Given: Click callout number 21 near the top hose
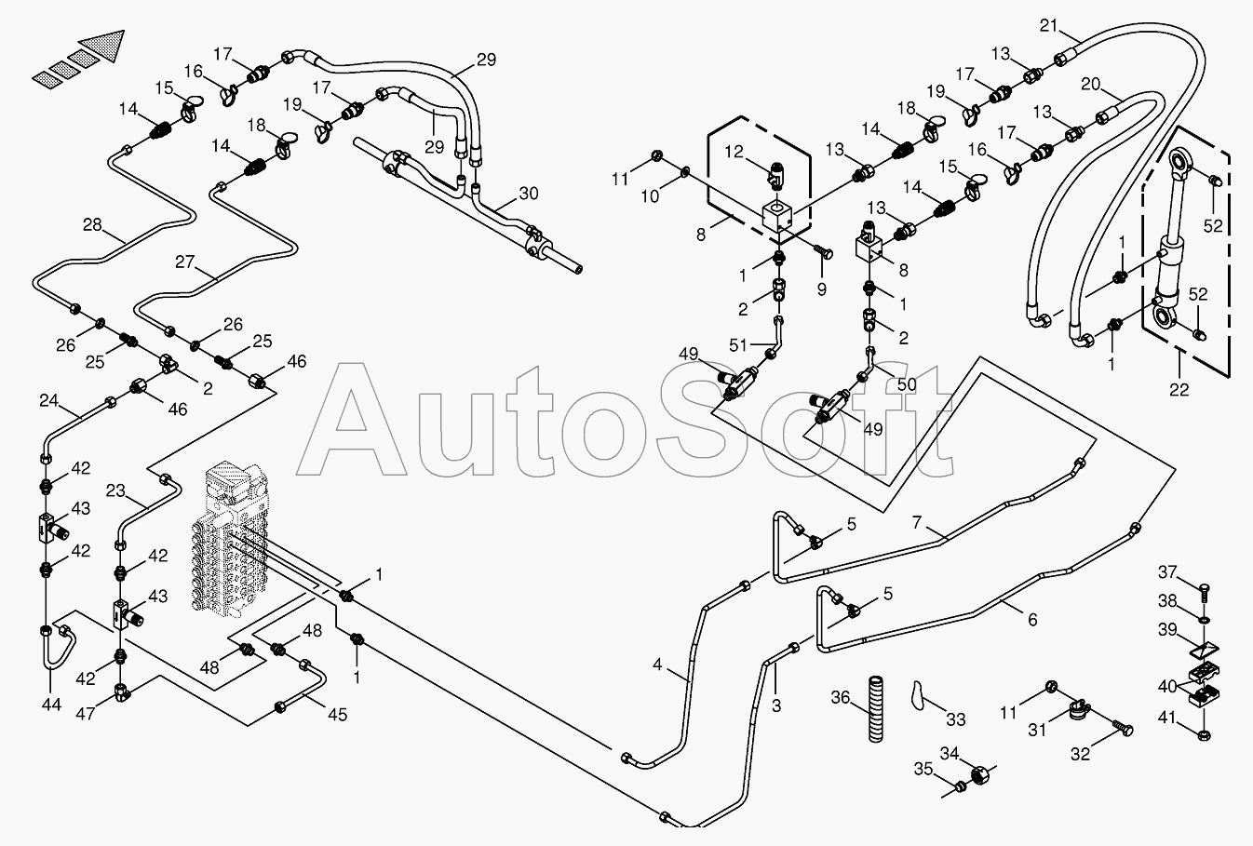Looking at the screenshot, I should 1049,25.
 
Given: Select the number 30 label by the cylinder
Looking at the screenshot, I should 528,194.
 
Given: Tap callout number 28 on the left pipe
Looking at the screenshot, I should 92,224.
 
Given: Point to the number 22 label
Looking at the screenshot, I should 1179,390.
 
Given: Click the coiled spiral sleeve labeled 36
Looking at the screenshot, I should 874,708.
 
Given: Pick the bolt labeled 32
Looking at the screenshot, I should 1125,730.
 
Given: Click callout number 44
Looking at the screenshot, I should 51,705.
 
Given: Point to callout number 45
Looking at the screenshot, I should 337,714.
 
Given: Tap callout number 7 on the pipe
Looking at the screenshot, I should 917,523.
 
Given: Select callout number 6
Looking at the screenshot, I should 1032,620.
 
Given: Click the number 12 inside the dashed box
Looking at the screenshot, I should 735,152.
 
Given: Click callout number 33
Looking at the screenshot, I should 955,718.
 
